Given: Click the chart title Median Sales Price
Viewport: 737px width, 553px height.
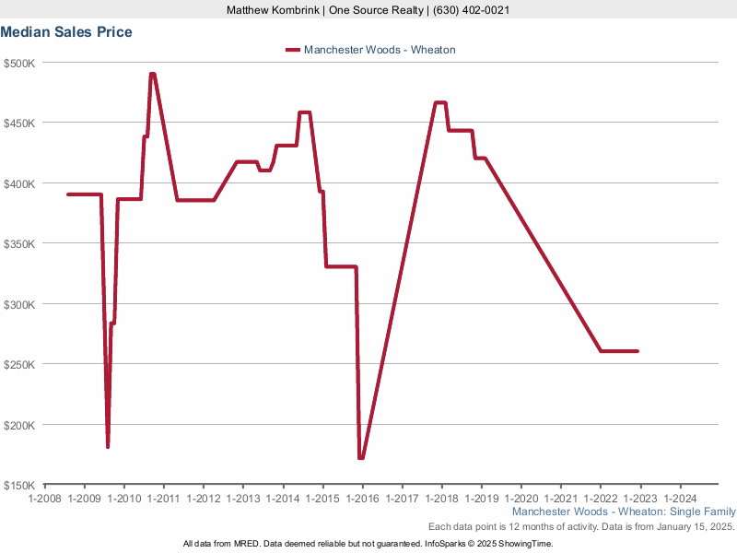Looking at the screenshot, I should tap(66, 32).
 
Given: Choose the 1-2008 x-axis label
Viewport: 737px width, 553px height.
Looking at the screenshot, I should tap(44, 499).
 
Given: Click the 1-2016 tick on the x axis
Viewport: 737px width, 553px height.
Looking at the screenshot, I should tap(362, 499).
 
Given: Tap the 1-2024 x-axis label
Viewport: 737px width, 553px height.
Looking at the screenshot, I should tap(680, 499).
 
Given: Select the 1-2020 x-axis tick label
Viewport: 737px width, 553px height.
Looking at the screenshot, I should tap(521, 499).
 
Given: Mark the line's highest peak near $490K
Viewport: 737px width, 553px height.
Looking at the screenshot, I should tap(152, 74).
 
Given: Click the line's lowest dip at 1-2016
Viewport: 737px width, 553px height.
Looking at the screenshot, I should tap(361, 458).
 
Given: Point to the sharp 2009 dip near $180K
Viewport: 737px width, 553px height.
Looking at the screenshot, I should tap(108, 447).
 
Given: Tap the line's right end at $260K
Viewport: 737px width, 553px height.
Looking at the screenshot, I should tap(638, 351).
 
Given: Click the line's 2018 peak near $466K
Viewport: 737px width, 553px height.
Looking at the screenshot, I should tap(440, 102).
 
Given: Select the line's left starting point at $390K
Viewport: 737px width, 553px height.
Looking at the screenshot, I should tap(69, 194).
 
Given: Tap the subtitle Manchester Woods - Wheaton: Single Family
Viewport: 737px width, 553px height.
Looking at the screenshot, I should tap(624, 512).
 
